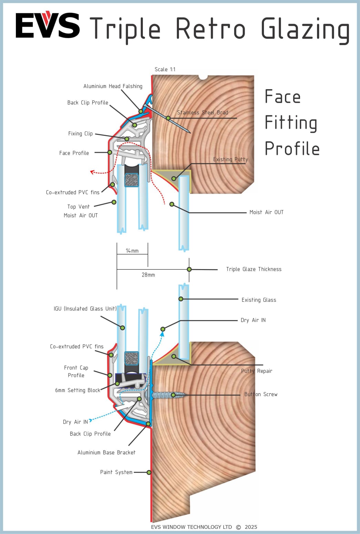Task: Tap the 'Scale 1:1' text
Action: pos(165,70)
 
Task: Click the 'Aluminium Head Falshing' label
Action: pos(113,86)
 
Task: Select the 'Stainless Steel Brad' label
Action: pos(202,113)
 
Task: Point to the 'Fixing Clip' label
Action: pos(80,133)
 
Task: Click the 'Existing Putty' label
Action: pos(230,159)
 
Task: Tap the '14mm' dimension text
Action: pos(132,251)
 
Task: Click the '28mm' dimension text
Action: pos(148,275)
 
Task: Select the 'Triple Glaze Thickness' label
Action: pos(254,269)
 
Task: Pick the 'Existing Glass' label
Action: pos(258,300)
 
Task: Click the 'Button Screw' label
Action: pos(261,394)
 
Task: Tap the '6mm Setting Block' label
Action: pos(77,390)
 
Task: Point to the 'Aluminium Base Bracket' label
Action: pos(106,452)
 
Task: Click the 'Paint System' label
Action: pos(116,472)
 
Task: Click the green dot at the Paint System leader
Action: pos(149,472)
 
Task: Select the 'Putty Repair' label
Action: pos(256,371)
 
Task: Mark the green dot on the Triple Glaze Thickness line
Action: pos(189,269)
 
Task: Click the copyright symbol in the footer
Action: pos(239,527)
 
